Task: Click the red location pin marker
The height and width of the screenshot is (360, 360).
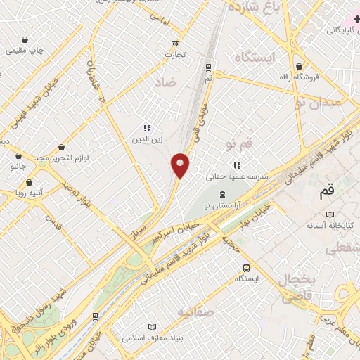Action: pyautogui.click(x=181, y=166)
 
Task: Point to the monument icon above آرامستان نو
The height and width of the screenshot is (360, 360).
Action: pyautogui.click(x=223, y=194)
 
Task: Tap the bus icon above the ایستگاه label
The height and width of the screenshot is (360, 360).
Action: pyautogui.click(x=246, y=268)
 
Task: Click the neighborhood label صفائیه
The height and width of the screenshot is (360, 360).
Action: pyautogui.click(x=195, y=311)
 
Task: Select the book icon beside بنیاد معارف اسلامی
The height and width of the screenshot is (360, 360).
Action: pyautogui.click(x=153, y=327)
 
